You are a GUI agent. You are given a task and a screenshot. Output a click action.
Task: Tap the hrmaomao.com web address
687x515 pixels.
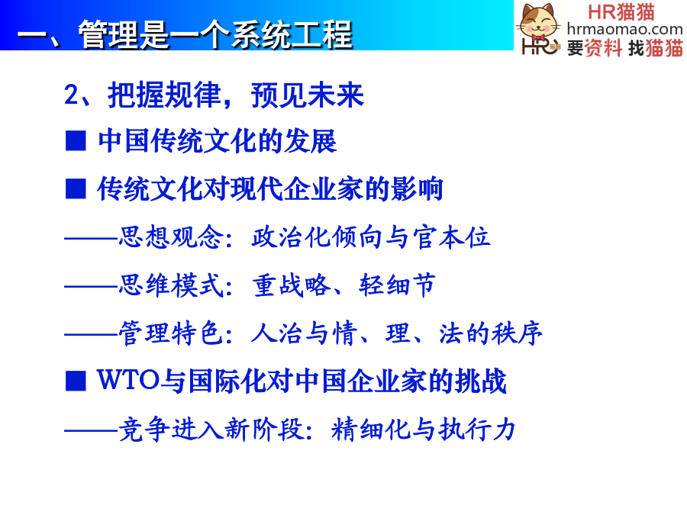pos(624,29)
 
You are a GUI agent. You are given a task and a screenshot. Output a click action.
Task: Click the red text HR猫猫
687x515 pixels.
pos(621,11)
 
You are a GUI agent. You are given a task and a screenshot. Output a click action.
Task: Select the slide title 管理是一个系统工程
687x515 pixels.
pos(215,34)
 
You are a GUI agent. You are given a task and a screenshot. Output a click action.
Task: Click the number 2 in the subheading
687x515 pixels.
pos(71,95)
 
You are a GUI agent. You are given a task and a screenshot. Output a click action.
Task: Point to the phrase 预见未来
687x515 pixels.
pos(308,95)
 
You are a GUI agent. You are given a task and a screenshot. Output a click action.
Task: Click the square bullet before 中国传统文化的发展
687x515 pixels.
pos(76,141)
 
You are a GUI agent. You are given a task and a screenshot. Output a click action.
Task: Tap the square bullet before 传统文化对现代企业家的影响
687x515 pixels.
pos(76,189)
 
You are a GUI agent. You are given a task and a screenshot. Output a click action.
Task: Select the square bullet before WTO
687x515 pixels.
pos(76,380)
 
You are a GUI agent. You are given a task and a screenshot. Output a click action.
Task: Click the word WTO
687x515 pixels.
pos(128,379)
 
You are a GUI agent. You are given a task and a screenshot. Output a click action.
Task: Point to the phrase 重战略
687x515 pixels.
pos(292,285)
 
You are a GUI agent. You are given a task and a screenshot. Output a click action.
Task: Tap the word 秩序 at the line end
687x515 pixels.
pos(517,333)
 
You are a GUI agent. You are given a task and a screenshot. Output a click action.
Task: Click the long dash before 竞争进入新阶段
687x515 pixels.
pos(91,430)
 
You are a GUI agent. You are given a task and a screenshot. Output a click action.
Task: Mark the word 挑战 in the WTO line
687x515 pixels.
pos(481,380)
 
